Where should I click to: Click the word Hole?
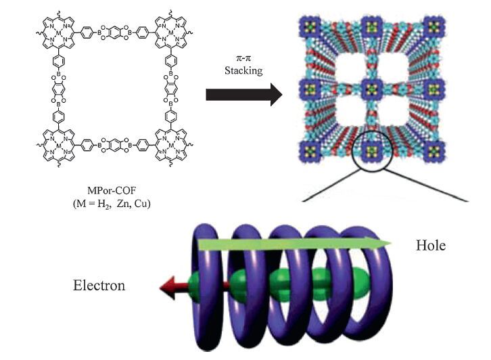point(430,245)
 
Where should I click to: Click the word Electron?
point(99,286)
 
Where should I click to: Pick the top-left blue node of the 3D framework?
point(310,27)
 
